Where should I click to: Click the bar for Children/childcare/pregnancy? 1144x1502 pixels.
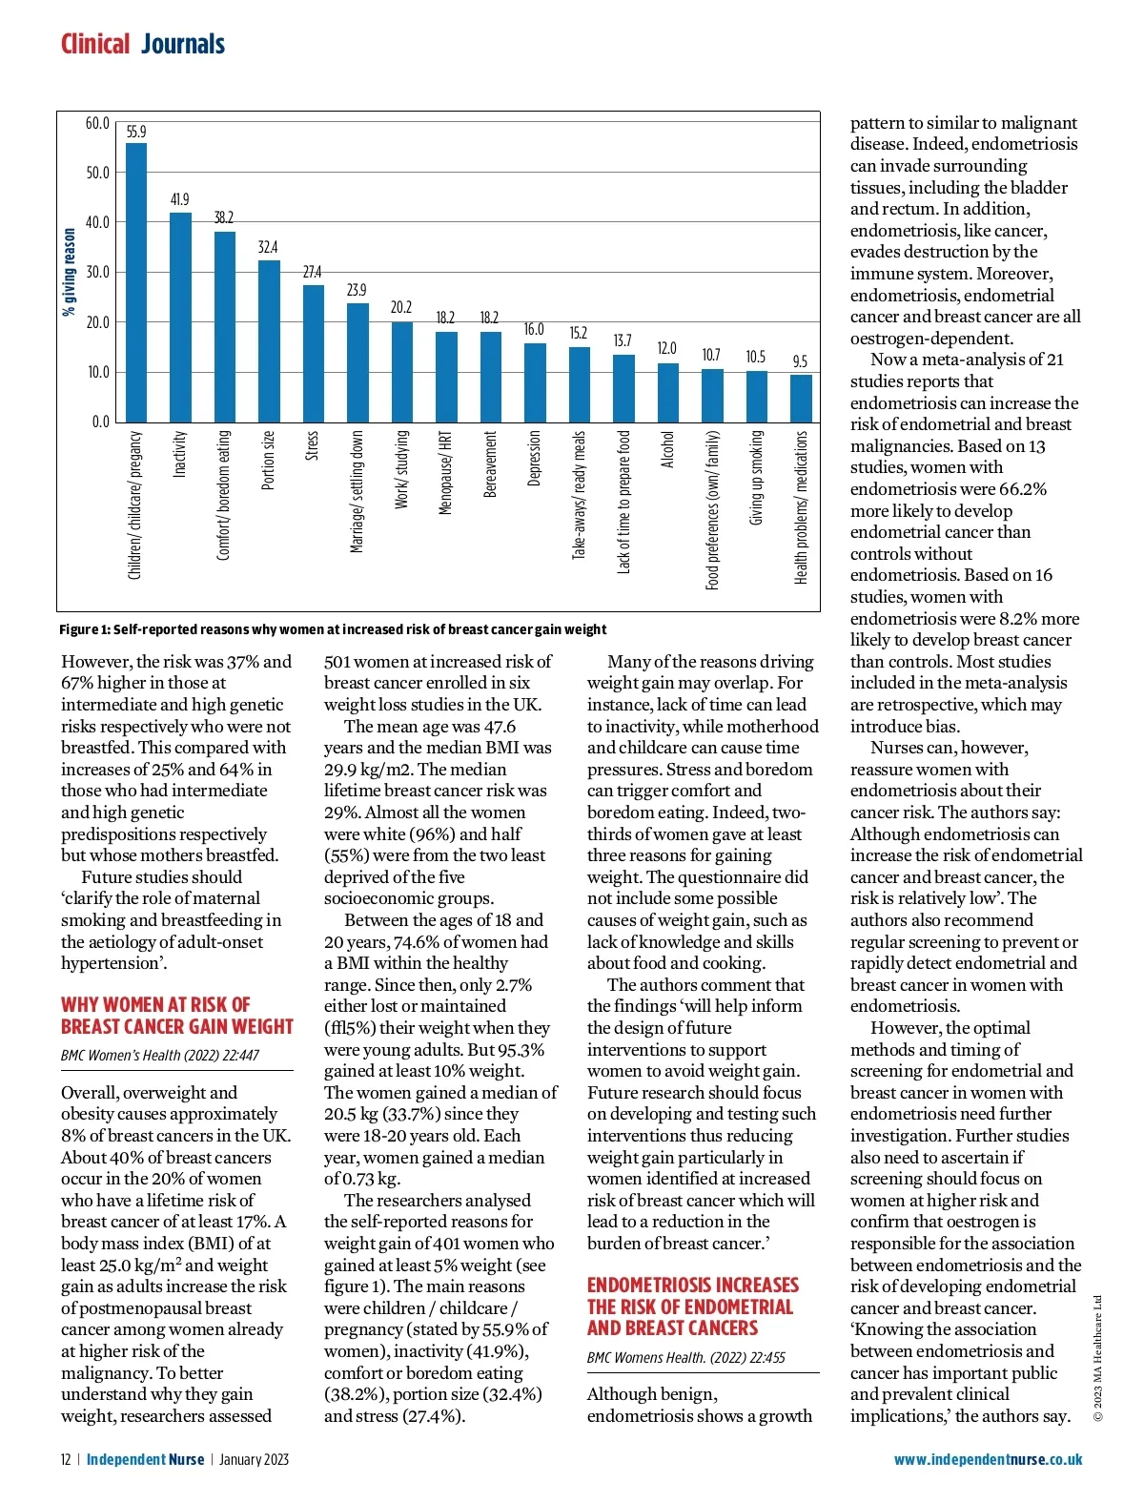point(136,282)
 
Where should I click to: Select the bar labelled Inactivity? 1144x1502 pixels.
point(180,318)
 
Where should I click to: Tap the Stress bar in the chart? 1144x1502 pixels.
point(313,354)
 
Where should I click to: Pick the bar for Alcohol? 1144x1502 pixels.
point(668,392)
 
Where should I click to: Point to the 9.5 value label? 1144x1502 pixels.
point(800,361)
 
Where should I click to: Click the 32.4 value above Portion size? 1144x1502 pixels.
point(268,247)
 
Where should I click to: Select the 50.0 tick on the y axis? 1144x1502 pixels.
point(97,174)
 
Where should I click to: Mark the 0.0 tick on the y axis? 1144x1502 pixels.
point(100,422)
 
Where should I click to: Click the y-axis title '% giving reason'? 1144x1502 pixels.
point(70,272)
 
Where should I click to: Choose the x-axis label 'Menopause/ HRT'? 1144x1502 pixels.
point(445,472)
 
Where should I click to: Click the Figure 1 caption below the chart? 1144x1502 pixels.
point(333,629)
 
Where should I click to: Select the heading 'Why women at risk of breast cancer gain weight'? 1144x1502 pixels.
point(177,1016)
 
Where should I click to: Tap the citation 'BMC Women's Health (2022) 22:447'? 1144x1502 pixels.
point(160,1056)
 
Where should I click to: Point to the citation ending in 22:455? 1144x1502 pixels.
point(685,1357)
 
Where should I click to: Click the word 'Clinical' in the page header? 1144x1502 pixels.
point(95,44)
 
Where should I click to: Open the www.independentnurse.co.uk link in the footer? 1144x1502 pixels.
point(988,1459)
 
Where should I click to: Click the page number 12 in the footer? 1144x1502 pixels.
point(66,1459)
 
